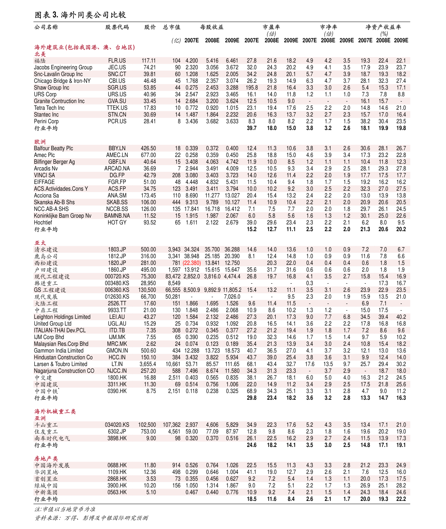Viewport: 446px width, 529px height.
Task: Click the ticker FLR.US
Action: coord(117,61)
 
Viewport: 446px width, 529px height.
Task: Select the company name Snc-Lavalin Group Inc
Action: coord(58,74)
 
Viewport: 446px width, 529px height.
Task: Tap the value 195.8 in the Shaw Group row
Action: coord(252,88)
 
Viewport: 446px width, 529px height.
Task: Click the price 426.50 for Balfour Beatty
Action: coord(148,148)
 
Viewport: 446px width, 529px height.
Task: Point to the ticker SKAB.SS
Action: coord(117,202)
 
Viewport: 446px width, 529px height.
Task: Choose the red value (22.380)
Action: coord(192,263)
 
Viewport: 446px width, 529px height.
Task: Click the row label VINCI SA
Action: coord(44,175)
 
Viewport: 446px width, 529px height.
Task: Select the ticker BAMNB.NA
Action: coord(117,216)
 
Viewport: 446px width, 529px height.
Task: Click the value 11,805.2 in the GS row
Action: coord(232,290)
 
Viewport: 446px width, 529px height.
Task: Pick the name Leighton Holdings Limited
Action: coord(62,317)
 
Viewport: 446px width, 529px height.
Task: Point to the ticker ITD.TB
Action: coord(117,330)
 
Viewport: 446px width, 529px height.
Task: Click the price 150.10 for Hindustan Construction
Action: coord(148,357)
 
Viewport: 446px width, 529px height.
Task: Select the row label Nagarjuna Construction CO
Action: coord(64,371)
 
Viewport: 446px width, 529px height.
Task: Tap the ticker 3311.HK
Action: coord(117,384)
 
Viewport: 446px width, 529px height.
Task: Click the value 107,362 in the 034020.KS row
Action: coord(172,425)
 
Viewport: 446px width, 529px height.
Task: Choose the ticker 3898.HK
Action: coord(117,438)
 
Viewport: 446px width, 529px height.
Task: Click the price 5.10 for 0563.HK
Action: coord(151,492)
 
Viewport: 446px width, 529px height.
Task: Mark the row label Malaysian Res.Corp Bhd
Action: coord(61,344)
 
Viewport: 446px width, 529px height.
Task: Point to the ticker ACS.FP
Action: coord(117,189)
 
